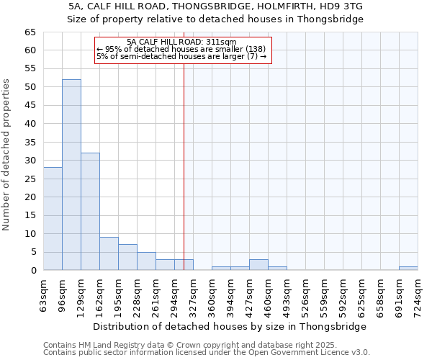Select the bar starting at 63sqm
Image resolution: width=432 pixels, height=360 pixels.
[x=53, y=219]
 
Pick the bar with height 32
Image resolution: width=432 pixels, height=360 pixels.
[x=90, y=212]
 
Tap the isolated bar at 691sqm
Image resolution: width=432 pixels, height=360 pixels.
[x=408, y=269]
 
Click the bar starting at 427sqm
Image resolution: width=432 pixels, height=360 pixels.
[x=258, y=265]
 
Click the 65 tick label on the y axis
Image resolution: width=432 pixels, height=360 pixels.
[x=30, y=32]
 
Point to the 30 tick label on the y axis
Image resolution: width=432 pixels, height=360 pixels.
[x=30, y=161]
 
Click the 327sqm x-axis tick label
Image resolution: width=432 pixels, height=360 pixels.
[x=194, y=295]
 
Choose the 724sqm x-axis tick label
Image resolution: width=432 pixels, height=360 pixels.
[x=418, y=295]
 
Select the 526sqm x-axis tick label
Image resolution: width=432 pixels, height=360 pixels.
[x=306, y=295]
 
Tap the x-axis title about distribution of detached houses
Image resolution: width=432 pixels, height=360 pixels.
[x=230, y=326]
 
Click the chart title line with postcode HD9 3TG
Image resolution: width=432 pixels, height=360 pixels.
[x=215, y=6]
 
